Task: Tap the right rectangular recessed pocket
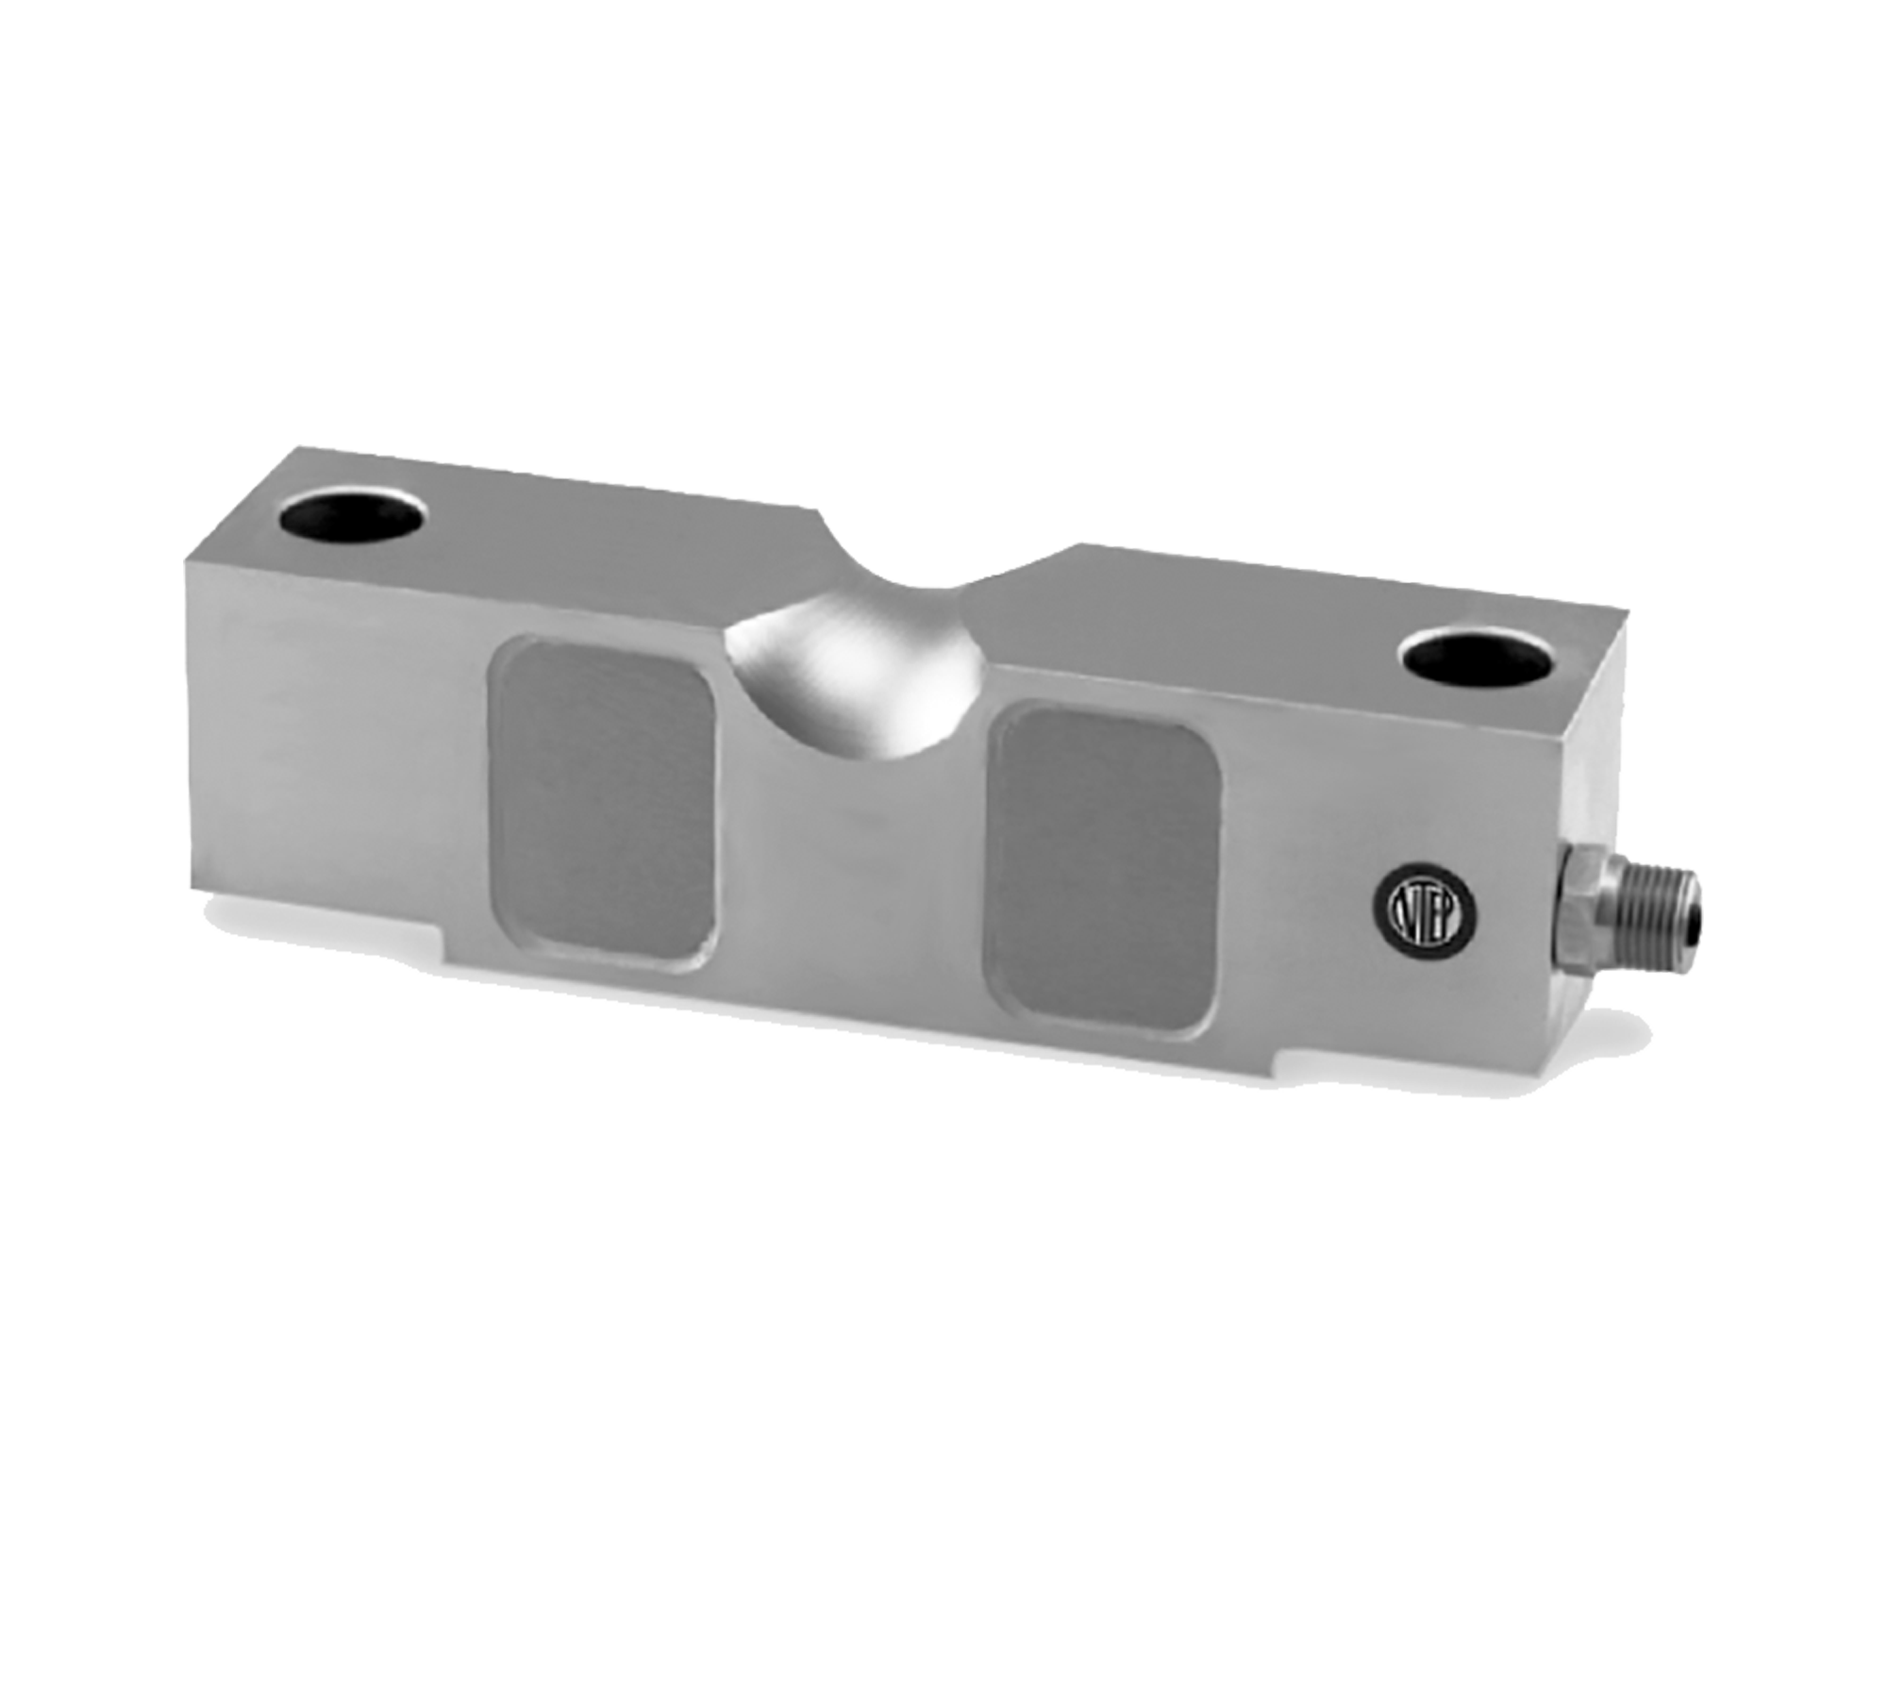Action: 1100,870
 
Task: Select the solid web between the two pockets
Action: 849,849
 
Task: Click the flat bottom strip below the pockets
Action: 849,1000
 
